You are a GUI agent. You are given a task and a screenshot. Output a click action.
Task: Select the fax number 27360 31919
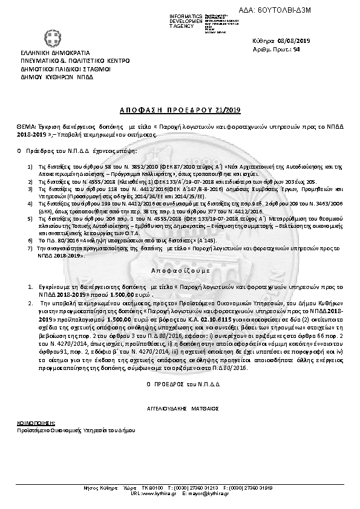pyautogui.click(x=259, y=488)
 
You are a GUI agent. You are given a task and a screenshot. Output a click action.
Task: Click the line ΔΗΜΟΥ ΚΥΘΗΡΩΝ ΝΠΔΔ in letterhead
pyautogui.click(x=51, y=78)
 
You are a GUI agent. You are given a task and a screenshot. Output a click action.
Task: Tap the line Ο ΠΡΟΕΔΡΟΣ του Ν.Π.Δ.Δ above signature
pyautogui.click(x=179, y=384)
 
